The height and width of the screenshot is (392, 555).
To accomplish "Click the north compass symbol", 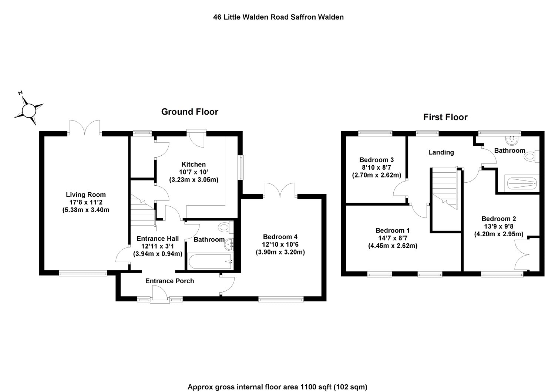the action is (29, 110).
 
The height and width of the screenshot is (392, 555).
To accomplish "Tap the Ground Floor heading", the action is (189, 112).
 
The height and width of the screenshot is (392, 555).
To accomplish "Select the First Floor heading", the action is (445, 117).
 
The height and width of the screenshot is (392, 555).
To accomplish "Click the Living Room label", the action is (86, 195).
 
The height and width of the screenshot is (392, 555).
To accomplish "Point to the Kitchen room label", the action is (194, 165).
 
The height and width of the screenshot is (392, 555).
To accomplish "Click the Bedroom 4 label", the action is (280, 237).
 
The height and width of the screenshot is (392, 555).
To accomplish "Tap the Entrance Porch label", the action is (169, 281).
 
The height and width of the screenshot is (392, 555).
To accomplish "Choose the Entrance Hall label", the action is (158, 239).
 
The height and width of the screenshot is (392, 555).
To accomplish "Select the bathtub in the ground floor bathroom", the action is (210, 261).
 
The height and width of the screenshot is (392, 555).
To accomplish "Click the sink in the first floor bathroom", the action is (512, 140).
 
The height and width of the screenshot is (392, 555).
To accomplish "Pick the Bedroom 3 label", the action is (376, 160).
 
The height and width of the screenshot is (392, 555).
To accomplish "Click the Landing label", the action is (441, 152).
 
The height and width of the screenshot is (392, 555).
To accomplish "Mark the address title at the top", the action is (278, 17).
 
